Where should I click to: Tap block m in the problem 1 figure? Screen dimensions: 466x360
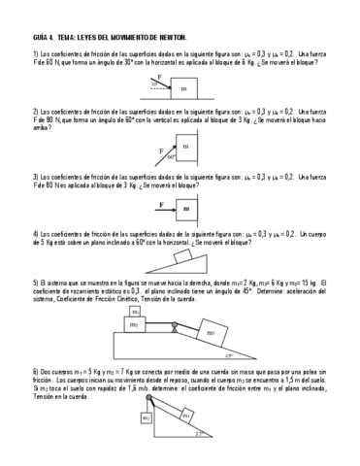(x=185, y=87)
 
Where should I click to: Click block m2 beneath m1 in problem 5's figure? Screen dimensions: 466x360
(x=139, y=327)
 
